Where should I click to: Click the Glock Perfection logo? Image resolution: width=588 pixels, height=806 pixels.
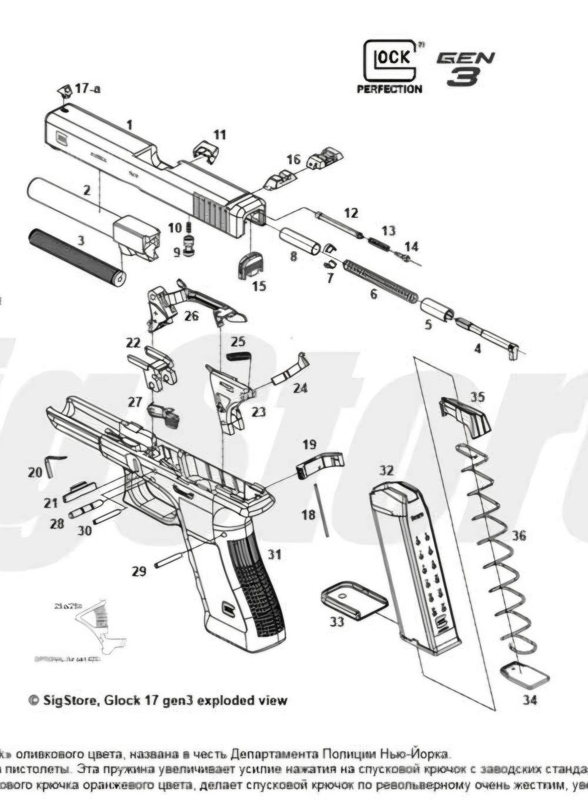pyautogui.click(x=390, y=66)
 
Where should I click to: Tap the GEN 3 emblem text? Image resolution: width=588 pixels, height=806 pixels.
pyautogui.click(x=465, y=68)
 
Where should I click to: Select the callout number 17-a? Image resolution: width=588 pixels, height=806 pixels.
pyautogui.click(x=87, y=89)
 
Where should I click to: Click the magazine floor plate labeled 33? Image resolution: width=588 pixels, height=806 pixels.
pyautogui.click(x=353, y=599)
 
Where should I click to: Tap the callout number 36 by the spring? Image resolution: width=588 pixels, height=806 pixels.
pyautogui.click(x=519, y=536)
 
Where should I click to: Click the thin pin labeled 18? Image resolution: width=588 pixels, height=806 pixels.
pyautogui.click(x=322, y=509)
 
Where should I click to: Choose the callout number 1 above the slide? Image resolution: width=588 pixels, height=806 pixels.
pyautogui.click(x=129, y=125)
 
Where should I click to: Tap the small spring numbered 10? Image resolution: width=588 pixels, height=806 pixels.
pyautogui.click(x=189, y=227)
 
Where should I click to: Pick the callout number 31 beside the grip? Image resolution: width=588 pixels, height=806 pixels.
pyautogui.click(x=275, y=554)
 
